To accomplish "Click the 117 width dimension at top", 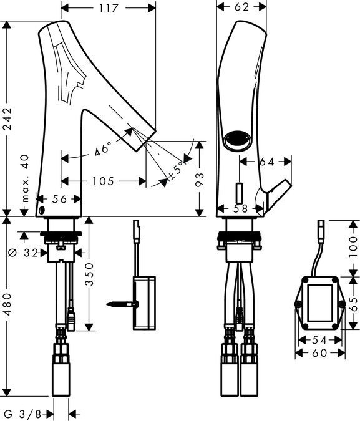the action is pyautogui.click(x=109, y=8).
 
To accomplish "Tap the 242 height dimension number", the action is pyautogui.click(x=9, y=119).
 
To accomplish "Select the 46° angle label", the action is pyautogui.click(x=103, y=148).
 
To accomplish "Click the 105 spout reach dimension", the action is pyautogui.click(x=103, y=181).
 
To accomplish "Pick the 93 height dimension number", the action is pyautogui.click(x=200, y=179).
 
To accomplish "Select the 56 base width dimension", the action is pyautogui.click(x=59, y=199).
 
